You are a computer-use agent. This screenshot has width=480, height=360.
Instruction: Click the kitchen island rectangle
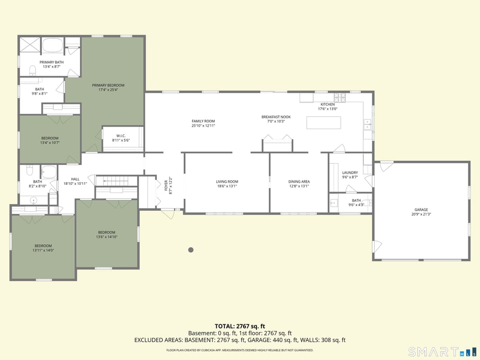pyautogui.click(x=324, y=122)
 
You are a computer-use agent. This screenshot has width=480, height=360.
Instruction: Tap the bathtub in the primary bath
pyautogui.click(x=52, y=45)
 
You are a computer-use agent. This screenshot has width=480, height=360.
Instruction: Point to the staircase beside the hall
pyautogui.click(x=117, y=181)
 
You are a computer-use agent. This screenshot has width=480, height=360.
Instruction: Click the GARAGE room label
pyautogui.click(x=421, y=210)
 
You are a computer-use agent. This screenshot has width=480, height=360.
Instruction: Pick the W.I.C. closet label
pyautogui.click(x=121, y=136)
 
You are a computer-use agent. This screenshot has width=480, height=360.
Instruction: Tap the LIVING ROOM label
pyautogui.click(x=227, y=182)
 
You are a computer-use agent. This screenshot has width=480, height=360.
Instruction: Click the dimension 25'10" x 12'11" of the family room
pyautogui.click(x=203, y=126)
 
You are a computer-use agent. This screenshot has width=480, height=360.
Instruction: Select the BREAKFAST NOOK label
pyautogui.click(x=276, y=117)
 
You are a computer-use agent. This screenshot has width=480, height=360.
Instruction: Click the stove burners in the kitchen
pyautogui.click(x=340, y=98)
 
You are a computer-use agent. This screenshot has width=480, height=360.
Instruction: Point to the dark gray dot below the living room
pyautogui.click(x=191, y=250)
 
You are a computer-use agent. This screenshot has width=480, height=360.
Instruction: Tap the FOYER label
pyautogui.click(x=166, y=185)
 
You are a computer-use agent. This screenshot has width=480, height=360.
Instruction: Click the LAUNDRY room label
pyautogui.click(x=350, y=173)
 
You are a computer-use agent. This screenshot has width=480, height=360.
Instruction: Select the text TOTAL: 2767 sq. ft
pyautogui.click(x=239, y=326)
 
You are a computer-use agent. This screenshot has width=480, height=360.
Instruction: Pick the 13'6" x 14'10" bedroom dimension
pyautogui.click(x=107, y=237)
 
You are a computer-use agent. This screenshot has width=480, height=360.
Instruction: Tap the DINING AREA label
pyautogui.click(x=299, y=182)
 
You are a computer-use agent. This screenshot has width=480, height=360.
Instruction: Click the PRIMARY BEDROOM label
pyautogui.click(x=108, y=85)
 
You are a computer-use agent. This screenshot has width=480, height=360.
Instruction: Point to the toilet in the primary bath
pyautogui.click(x=33, y=71)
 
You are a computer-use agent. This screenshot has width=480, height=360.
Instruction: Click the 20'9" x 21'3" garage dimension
pyautogui.click(x=421, y=214)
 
